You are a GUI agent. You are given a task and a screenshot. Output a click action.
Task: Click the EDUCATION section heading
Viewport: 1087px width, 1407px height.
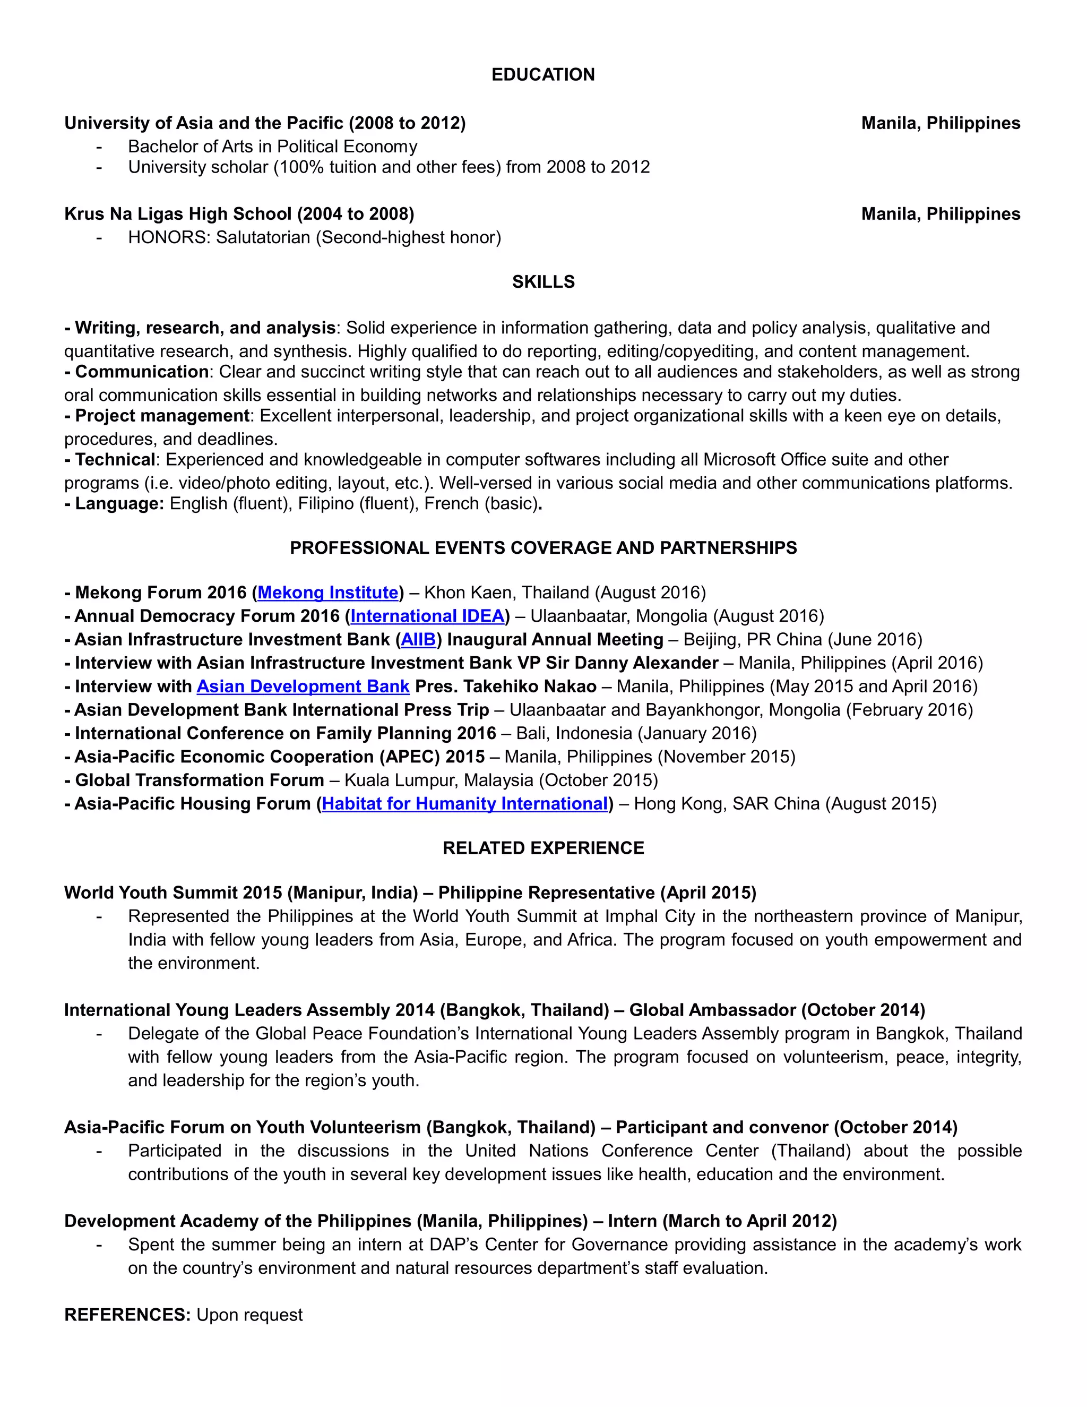(543, 75)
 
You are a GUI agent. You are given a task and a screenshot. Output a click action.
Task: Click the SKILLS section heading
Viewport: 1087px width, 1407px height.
(543, 281)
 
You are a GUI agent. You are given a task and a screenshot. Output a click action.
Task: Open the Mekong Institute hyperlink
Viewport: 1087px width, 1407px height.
(328, 593)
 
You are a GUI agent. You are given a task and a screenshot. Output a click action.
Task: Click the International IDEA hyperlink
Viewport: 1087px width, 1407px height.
(427, 616)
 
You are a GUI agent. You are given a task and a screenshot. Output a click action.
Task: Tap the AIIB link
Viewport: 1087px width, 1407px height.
(419, 640)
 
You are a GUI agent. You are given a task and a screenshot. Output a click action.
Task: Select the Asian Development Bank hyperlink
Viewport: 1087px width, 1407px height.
(303, 687)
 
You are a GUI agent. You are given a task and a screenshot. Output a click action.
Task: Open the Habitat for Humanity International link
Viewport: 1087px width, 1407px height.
(464, 804)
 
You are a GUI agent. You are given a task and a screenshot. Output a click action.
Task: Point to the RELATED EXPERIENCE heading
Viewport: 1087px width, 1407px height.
(543, 848)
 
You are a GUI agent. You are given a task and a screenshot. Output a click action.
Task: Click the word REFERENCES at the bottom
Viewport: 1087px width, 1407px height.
(127, 1315)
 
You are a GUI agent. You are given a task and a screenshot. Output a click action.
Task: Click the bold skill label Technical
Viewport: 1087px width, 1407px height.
(115, 460)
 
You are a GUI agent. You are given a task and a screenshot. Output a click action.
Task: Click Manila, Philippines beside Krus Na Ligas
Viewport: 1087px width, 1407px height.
(940, 214)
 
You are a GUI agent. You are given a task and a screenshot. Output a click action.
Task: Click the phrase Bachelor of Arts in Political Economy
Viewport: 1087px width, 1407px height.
(272, 147)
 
